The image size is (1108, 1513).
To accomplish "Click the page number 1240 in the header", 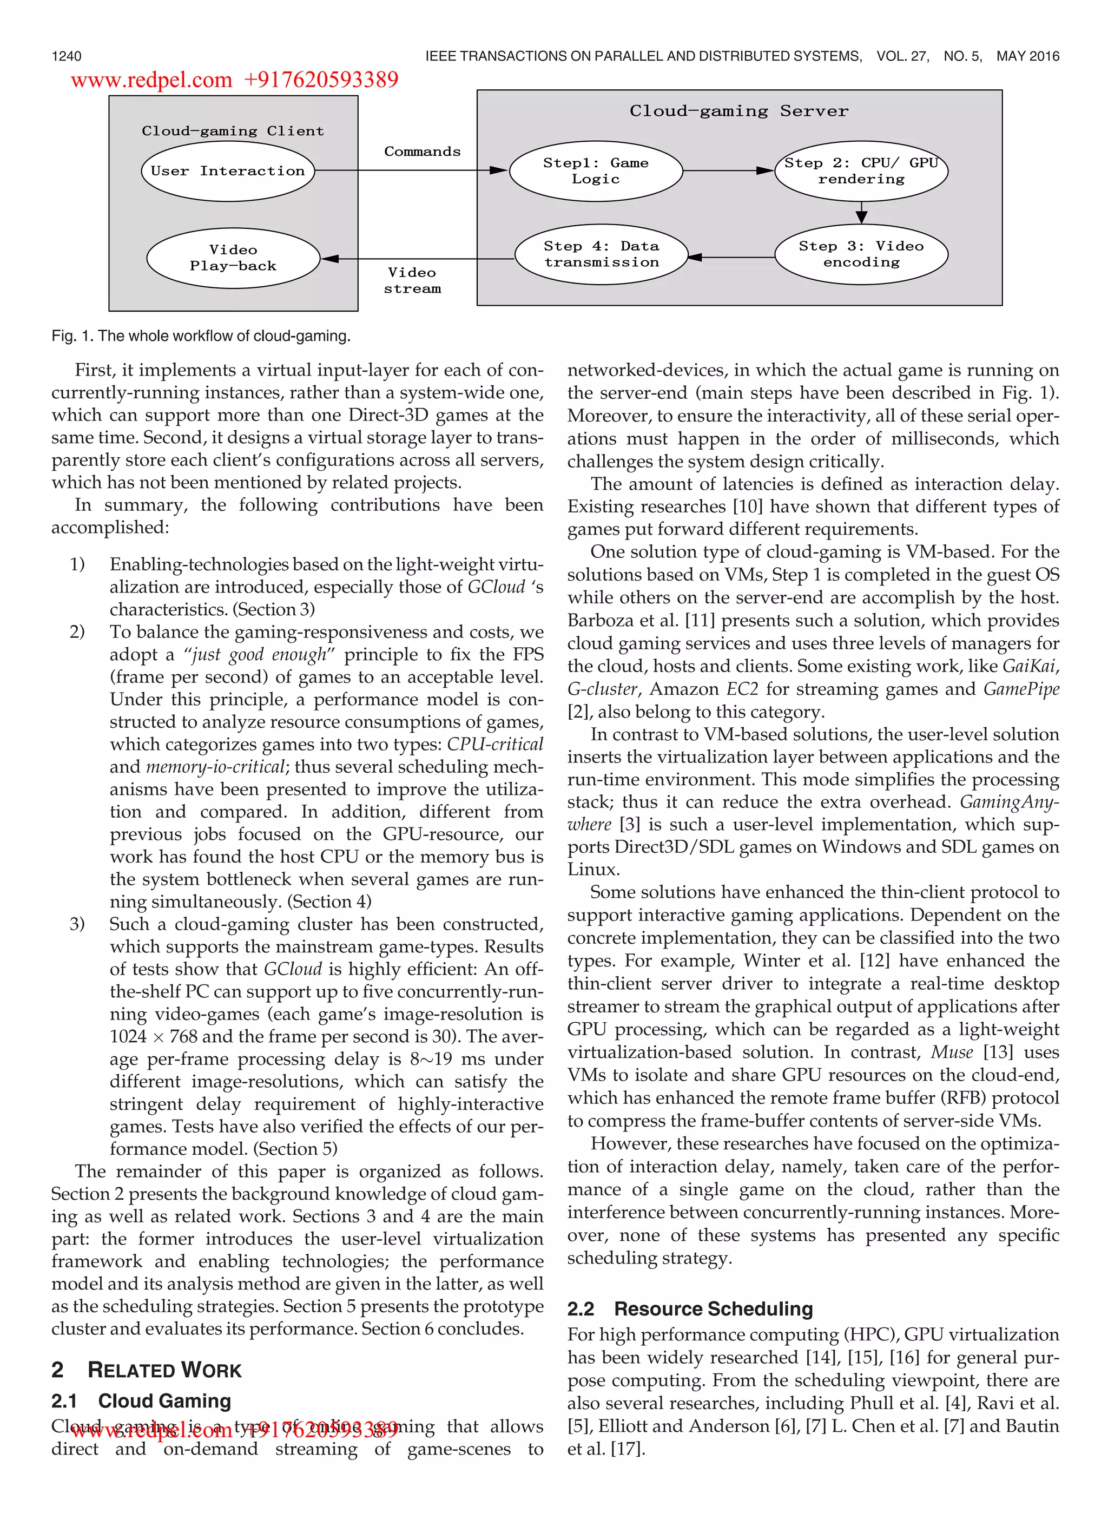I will (x=67, y=56).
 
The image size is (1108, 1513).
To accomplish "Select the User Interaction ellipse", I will (x=227, y=171).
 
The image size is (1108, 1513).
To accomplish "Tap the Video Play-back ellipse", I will (x=233, y=258).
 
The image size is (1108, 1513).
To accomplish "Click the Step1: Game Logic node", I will (x=596, y=171).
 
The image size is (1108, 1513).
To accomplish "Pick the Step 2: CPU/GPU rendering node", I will (x=861, y=171).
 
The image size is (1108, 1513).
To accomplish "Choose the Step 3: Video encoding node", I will (x=861, y=254).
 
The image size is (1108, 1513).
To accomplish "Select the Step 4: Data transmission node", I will (x=601, y=254).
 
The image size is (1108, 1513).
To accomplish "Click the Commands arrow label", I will (x=422, y=152).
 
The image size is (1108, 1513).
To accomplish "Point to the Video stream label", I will (x=412, y=280).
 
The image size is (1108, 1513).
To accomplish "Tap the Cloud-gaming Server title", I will (x=738, y=111).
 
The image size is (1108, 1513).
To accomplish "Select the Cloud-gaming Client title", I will (x=232, y=131).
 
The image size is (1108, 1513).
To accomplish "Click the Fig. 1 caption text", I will (x=201, y=336).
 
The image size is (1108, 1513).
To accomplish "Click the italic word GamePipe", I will (x=1021, y=689).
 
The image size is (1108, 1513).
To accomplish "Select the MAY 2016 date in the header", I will (x=1027, y=56).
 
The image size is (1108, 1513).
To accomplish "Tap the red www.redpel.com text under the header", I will (x=151, y=81).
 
